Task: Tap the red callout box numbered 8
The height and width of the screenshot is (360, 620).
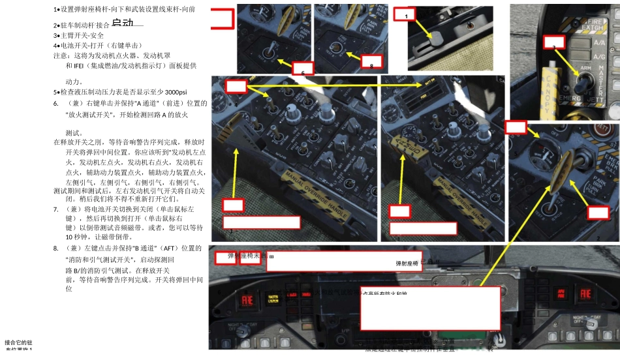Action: pos(371,65)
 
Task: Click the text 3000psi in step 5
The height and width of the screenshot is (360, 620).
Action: pos(176,91)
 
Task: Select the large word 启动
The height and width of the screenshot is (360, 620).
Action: pos(122,23)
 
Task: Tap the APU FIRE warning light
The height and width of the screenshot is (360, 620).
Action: pos(577,297)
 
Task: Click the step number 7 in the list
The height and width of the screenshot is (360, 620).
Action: pos(57,209)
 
